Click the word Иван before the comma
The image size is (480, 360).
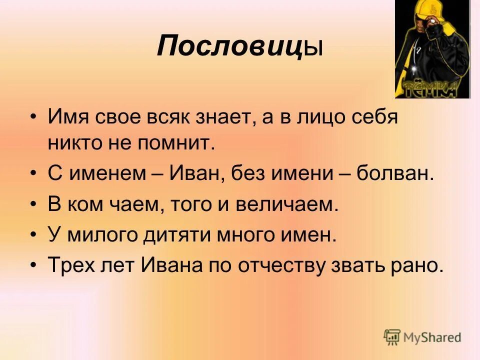pyautogui.click(x=191, y=174)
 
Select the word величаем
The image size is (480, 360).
pyautogui.click(x=285, y=204)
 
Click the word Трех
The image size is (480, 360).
pyautogui.click(x=68, y=265)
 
